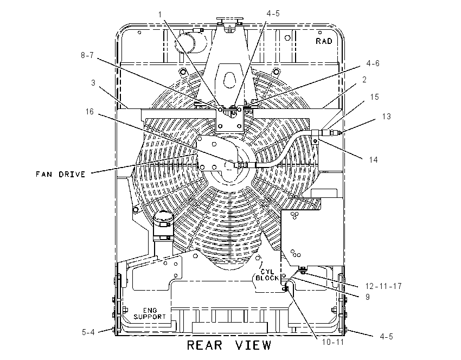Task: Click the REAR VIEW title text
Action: tap(229, 345)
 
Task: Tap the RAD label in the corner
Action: tap(324, 41)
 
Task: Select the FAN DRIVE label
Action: tap(61, 174)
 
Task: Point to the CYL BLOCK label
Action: tap(267, 275)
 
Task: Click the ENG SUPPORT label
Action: tap(150, 313)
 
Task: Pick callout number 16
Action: tap(89, 112)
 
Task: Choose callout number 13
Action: tap(387, 117)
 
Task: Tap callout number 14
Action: tap(373, 159)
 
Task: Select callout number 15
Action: tap(375, 97)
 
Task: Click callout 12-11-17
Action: tap(383, 286)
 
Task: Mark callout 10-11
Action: tap(333, 342)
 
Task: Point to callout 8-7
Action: tap(87, 55)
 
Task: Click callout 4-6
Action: tap(373, 63)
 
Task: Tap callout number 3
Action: tap(93, 83)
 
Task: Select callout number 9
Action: tap(368, 297)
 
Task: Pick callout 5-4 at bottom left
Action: tap(88, 332)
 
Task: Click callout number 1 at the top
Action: tap(160, 15)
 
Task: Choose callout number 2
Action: tap(364, 80)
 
